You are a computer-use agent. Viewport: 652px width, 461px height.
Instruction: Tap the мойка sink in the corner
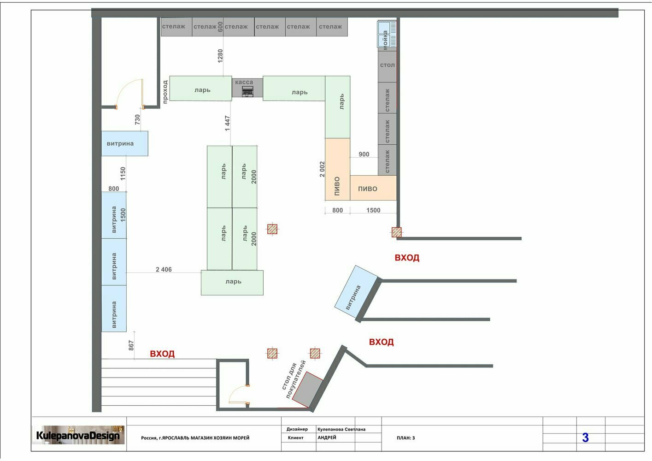[387, 34]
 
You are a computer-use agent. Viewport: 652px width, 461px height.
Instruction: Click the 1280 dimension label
[220, 56]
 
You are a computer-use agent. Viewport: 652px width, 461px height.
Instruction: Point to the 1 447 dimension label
[227, 124]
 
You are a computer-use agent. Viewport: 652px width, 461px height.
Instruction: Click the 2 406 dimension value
[164, 269]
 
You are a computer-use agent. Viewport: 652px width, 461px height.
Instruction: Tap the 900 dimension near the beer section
[364, 154]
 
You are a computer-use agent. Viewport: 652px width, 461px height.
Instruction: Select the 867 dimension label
[131, 345]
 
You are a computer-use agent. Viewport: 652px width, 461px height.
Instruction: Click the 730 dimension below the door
[137, 119]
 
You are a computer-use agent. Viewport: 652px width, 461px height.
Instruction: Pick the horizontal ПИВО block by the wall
[373, 188]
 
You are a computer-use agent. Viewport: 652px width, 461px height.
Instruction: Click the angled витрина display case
[356, 292]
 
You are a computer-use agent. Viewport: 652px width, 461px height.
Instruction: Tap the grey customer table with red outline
[307, 390]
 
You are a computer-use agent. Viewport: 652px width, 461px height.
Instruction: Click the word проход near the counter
[165, 92]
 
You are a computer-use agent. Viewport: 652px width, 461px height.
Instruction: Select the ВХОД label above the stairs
[162, 354]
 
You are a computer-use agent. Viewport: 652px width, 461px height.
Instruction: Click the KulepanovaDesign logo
[78, 435]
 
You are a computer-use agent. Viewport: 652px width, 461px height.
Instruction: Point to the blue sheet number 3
[585, 437]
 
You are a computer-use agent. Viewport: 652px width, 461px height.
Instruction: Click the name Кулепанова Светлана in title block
[341, 429]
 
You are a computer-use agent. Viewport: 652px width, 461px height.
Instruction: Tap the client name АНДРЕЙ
[327, 437]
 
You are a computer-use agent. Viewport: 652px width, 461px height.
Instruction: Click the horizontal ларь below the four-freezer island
[232, 283]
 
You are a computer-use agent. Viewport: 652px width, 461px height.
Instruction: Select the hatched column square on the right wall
[396, 232]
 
